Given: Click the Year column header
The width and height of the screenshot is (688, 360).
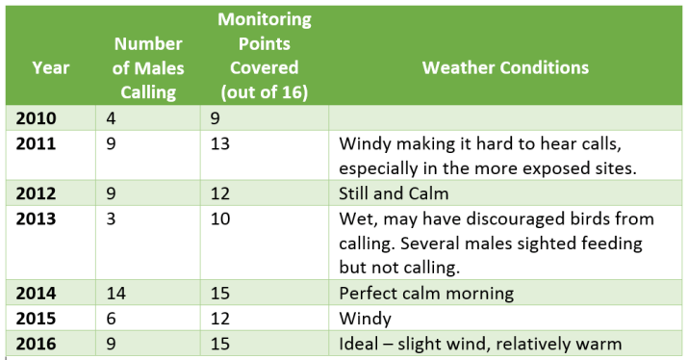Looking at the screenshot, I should (x=50, y=68).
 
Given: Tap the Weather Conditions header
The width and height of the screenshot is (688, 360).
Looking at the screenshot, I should (x=505, y=68).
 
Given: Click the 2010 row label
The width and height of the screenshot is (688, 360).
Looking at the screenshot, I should (x=37, y=119).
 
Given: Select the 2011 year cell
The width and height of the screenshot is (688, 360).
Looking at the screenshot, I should (x=37, y=144).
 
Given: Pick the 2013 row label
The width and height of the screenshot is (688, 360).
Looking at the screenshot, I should (x=37, y=219).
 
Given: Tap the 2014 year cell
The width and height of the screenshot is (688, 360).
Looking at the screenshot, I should (x=37, y=294).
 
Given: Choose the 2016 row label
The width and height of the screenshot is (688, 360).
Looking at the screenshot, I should (x=37, y=343).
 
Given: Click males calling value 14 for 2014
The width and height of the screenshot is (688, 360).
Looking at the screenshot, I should (x=116, y=294).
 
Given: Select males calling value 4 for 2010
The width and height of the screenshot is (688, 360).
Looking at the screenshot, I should (x=113, y=119).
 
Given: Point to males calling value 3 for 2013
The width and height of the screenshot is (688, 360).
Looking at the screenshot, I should (x=113, y=219).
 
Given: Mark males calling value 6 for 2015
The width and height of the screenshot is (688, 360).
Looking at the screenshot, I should (x=113, y=319).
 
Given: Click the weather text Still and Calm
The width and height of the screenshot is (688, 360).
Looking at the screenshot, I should (x=395, y=193).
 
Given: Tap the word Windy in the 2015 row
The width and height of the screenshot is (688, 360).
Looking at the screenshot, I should (x=364, y=319).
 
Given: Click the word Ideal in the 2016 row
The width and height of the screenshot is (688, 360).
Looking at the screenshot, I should (x=360, y=343).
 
